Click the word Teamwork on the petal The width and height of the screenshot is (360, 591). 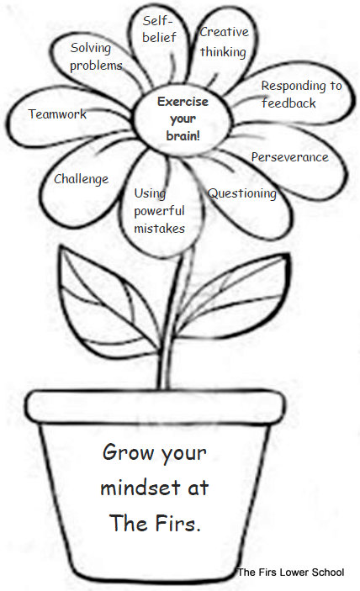[x=57, y=113]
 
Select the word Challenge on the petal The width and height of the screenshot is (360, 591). [x=81, y=179]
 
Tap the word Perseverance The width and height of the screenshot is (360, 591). [x=290, y=157]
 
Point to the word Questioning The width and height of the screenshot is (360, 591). [x=242, y=193]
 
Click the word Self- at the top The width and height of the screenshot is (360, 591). [x=157, y=21]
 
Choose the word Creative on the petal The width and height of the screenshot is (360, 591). [x=224, y=32]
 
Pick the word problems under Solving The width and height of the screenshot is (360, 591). [x=96, y=66]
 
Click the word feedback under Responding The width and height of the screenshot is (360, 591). [x=289, y=103]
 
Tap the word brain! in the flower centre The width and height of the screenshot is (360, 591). [x=183, y=135]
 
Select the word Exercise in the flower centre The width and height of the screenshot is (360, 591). [x=183, y=102]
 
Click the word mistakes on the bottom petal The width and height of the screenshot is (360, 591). [x=160, y=229]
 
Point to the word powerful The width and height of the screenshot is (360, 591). [x=159, y=211]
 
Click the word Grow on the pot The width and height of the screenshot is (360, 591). [x=127, y=452]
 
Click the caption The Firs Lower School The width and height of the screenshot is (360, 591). [x=291, y=573]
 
